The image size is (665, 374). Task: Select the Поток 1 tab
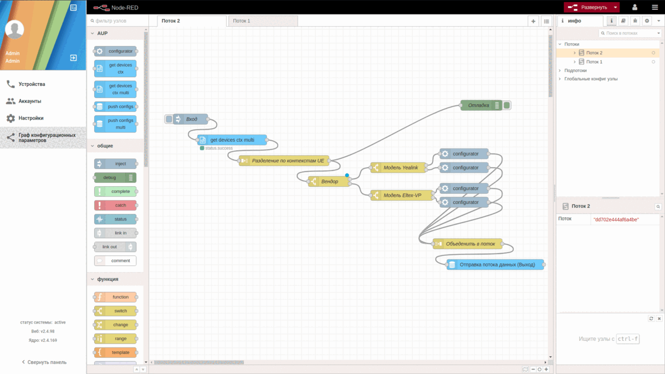tap(242, 21)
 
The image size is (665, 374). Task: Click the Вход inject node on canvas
tap(191, 119)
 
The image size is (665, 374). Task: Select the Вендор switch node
tap(329, 182)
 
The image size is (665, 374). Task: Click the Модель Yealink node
tap(400, 168)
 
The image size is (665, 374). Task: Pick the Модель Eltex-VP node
tap(402, 196)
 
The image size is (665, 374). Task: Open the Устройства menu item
tap(32, 84)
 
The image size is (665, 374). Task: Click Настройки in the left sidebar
tap(31, 118)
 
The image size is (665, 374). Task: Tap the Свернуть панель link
tap(47, 362)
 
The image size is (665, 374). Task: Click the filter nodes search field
tap(119, 21)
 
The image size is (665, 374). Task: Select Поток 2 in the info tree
tap(594, 53)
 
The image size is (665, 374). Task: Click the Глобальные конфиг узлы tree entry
tap(591, 79)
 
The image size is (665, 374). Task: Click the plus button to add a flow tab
tap(533, 21)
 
